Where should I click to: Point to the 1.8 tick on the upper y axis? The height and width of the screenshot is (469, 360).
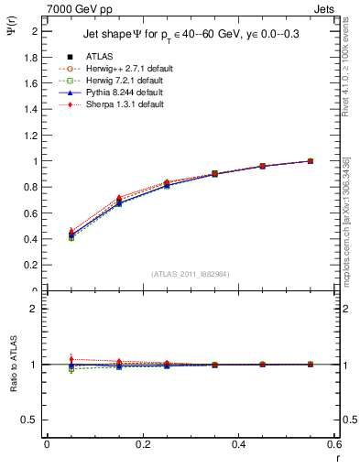tap(32, 57)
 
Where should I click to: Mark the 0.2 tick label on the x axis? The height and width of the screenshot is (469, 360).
tap(142, 444)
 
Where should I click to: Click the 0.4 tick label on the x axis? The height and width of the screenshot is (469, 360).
tap(238, 444)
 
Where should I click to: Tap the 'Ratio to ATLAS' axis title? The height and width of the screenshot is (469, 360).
tap(12, 362)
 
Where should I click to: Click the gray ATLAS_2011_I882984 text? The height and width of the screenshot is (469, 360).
tap(190, 274)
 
